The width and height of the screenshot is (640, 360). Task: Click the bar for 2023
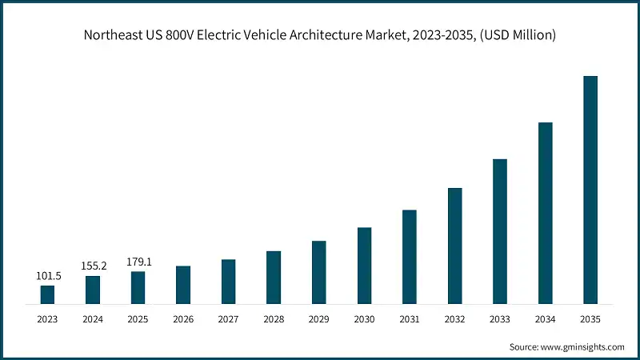(x=47, y=294)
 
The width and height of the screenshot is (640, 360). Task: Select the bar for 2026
(x=183, y=285)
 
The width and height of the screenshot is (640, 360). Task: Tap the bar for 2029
(x=318, y=272)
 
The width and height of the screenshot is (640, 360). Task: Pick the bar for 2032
(x=454, y=246)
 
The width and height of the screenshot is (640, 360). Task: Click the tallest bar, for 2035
(x=590, y=190)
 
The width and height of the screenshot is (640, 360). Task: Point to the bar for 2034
(x=545, y=213)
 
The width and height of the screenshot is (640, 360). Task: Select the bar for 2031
(x=410, y=257)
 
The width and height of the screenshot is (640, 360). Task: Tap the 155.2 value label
(x=93, y=266)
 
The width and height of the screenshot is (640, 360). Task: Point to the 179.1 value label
(x=138, y=262)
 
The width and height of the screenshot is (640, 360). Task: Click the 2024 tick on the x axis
(x=93, y=318)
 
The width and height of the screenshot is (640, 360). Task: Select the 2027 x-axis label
(x=228, y=318)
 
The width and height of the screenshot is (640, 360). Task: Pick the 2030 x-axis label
(x=364, y=318)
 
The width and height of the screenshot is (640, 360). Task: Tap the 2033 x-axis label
(x=500, y=318)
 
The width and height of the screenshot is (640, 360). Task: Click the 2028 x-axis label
(x=274, y=318)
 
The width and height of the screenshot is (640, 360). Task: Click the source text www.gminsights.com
(x=583, y=347)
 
